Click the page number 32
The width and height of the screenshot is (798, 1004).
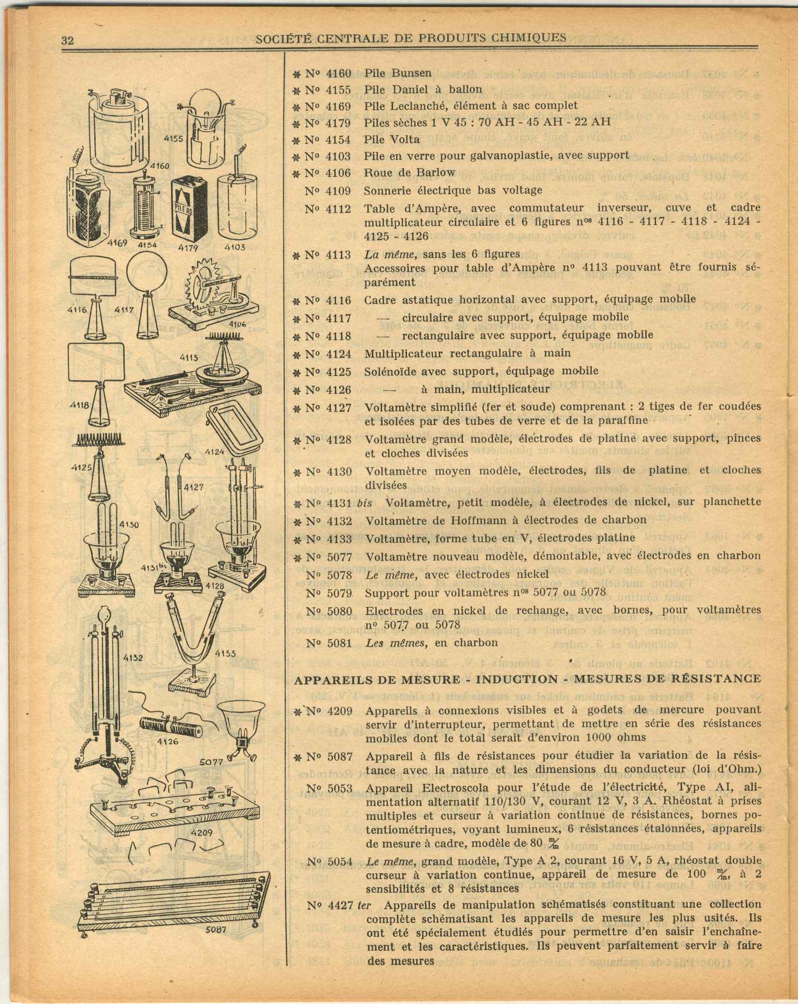68,40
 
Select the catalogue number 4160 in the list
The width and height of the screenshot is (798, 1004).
338,73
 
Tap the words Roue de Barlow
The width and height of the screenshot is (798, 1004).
410,173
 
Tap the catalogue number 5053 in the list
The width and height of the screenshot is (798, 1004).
340,788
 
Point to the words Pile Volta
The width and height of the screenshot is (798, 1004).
392,139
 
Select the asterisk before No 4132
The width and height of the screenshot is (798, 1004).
296,520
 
